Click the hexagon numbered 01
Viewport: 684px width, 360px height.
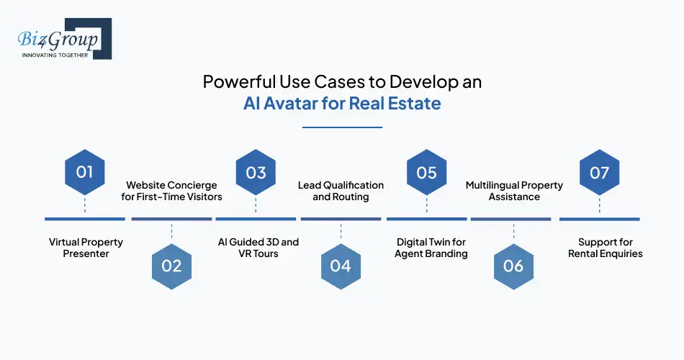(x=85, y=172)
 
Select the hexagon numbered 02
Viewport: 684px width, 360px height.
(x=171, y=266)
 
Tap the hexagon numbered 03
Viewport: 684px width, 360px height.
(x=256, y=172)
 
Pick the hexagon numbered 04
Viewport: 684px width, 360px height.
(x=341, y=266)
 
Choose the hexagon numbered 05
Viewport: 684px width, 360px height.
(x=426, y=172)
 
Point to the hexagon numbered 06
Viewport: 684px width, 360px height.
(x=513, y=266)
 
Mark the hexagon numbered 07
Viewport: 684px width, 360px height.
(x=599, y=172)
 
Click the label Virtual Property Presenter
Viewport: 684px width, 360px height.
(x=86, y=248)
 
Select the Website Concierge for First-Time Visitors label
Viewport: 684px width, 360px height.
(x=171, y=191)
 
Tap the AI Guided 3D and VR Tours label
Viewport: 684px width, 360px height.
(x=258, y=248)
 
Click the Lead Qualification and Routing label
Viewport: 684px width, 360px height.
(x=341, y=191)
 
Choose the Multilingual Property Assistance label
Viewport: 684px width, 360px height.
(x=514, y=191)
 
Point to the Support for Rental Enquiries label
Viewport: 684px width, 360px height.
(x=600, y=248)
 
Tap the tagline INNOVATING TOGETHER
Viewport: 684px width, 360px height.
(x=55, y=55)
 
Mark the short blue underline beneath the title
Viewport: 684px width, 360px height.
(x=342, y=127)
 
